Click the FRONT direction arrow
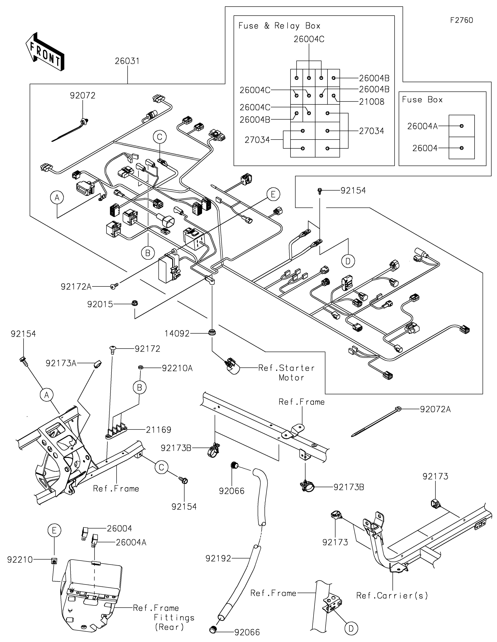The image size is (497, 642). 45,51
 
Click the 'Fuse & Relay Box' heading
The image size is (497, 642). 279,26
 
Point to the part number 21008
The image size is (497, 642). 372,102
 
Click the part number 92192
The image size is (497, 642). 218,558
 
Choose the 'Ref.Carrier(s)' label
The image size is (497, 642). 392,596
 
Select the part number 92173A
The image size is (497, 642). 61,363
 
